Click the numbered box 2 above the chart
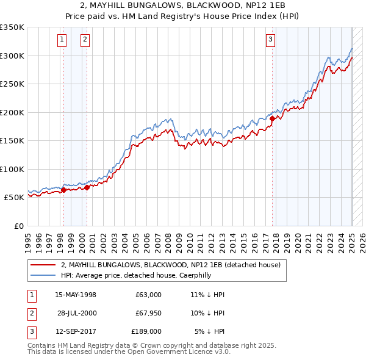point(85,40)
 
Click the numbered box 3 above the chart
point(270,40)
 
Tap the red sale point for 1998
point(63,190)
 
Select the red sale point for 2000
point(87,187)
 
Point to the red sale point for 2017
point(273,118)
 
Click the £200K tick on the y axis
point(12,112)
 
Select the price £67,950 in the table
point(148,313)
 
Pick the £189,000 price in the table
point(147,331)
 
